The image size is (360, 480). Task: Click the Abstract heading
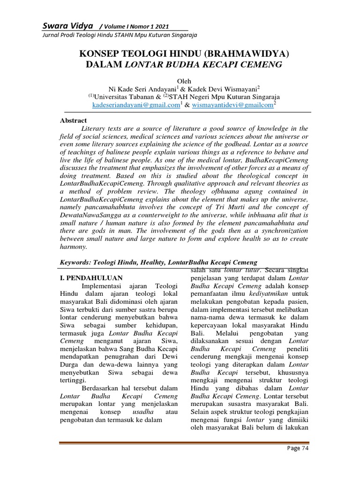(74, 120)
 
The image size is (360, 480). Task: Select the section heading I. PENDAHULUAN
(91, 277)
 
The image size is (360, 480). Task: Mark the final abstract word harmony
(74, 247)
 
